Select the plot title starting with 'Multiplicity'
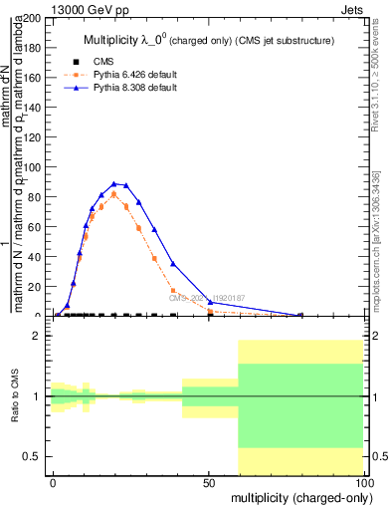coord(208,40)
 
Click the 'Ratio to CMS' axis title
coord(15,396)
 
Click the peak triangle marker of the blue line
coord(114,184)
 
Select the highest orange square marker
coord(114,193)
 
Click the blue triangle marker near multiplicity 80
coord(301,315)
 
